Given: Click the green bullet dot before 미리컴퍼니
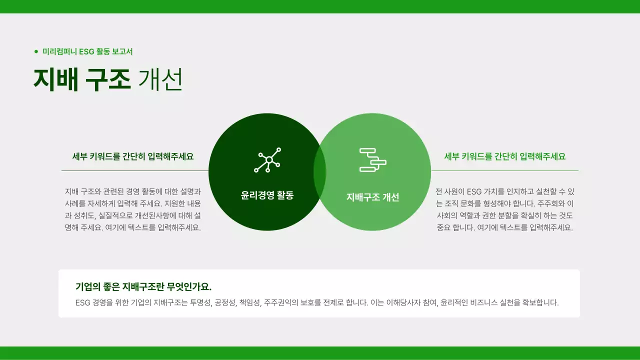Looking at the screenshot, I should (x=36, y=51).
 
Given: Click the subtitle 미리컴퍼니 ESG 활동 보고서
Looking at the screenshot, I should (x=87, y=51).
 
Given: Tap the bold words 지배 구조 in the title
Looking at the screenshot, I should (x=82, y=79).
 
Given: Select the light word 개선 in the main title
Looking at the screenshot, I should (x=160, y=79).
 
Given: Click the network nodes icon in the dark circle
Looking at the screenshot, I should (x=267, y=160).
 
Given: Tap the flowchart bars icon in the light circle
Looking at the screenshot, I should (x=373, y=160).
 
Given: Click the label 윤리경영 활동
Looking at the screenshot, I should (x=267, y=195).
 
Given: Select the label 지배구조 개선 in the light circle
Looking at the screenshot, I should (x=373, y=197).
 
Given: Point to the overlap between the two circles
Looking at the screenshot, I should (x=319, y=172).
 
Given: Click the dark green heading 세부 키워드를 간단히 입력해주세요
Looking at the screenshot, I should (x=133, y=156).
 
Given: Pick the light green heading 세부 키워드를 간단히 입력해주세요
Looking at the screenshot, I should (x=505, y=156).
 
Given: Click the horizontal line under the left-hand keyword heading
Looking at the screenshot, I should (x=135, y=171).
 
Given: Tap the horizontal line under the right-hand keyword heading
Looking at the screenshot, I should (x=504, y=171).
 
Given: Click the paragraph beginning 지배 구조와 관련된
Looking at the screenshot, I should (x=133, y=209).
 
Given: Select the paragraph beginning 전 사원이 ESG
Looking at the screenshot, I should (x=504, y=209).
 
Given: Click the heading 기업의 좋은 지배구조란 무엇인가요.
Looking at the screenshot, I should (x=143, y=286).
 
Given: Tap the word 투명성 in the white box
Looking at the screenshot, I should (x=200, y=302).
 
